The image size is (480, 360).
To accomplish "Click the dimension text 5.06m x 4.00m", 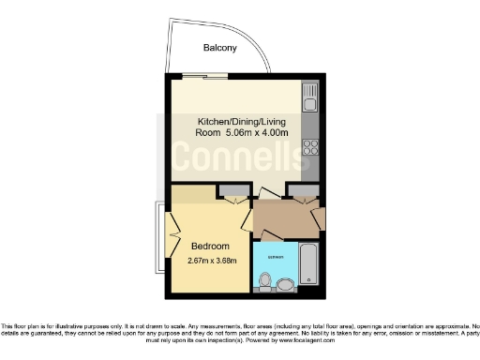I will coord(254,133).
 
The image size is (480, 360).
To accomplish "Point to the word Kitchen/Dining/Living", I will coord(240,122).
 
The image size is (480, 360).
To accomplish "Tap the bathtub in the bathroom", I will coord(310,264).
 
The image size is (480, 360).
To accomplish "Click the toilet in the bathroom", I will coord(265,280).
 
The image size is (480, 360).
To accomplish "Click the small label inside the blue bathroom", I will coord(277,255).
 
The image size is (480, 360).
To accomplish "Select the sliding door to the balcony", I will coord(202,77).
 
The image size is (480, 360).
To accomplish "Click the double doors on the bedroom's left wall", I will coord(172,234).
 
